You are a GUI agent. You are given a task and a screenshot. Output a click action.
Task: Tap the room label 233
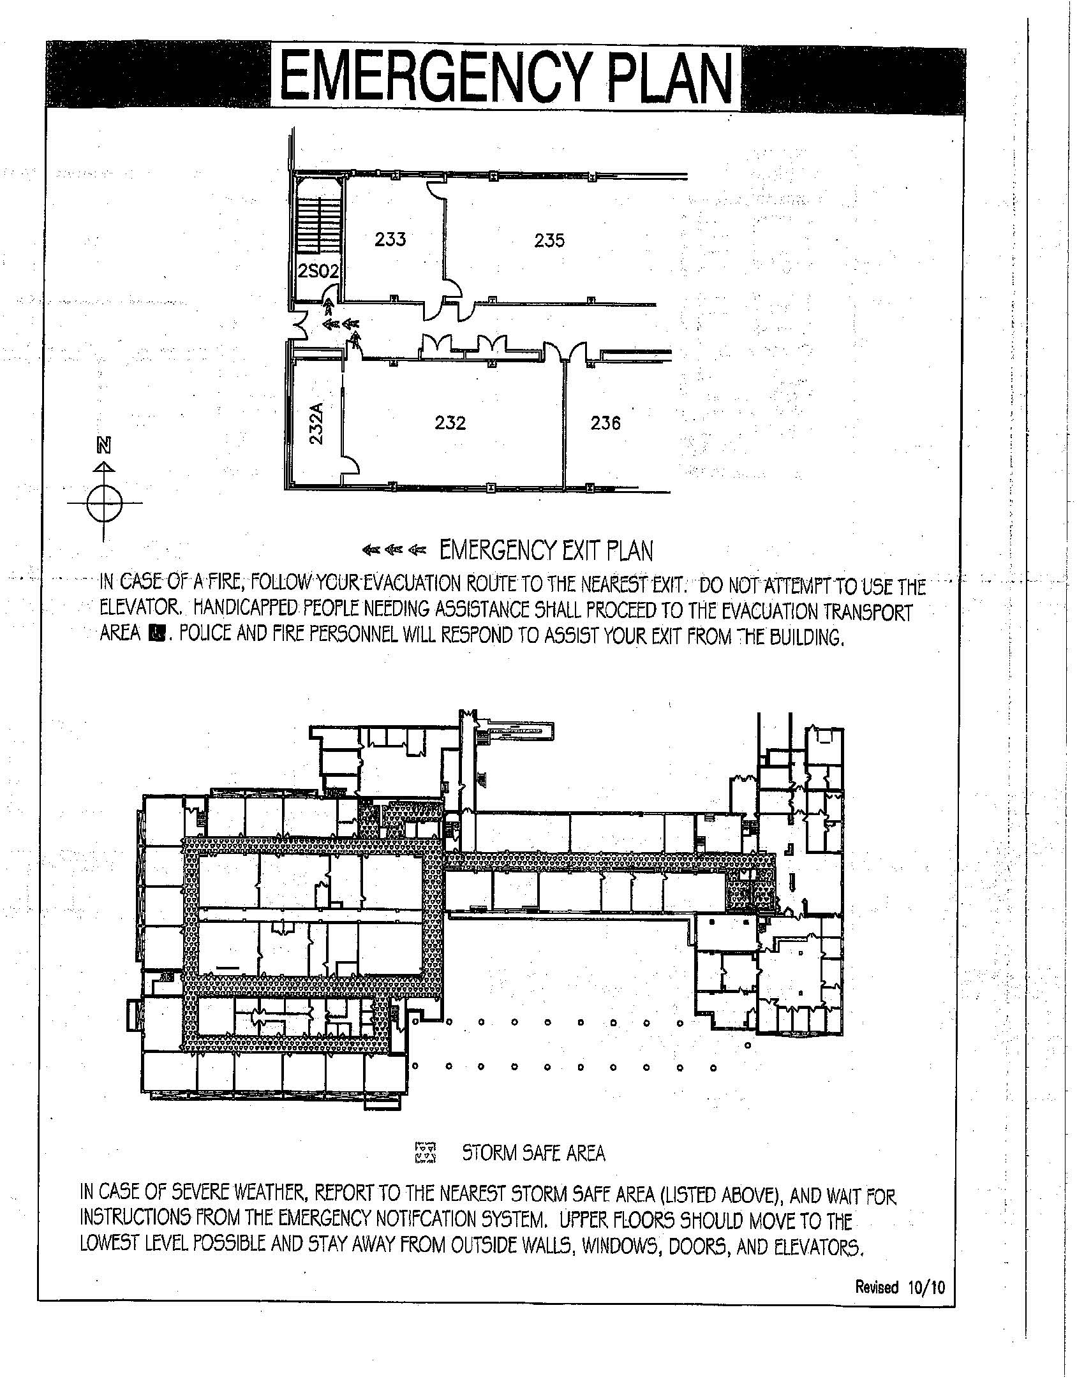(x=390, y=239)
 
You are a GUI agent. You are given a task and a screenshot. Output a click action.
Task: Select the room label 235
(x=549, y=240)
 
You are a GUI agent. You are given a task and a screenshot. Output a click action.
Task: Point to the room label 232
(x=450, y=423)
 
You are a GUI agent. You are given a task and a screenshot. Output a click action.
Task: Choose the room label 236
(x=605, y=423)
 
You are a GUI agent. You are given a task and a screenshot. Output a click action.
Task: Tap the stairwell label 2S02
(x=318, y=272)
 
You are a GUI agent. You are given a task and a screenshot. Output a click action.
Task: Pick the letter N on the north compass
(x=103, y=446)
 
